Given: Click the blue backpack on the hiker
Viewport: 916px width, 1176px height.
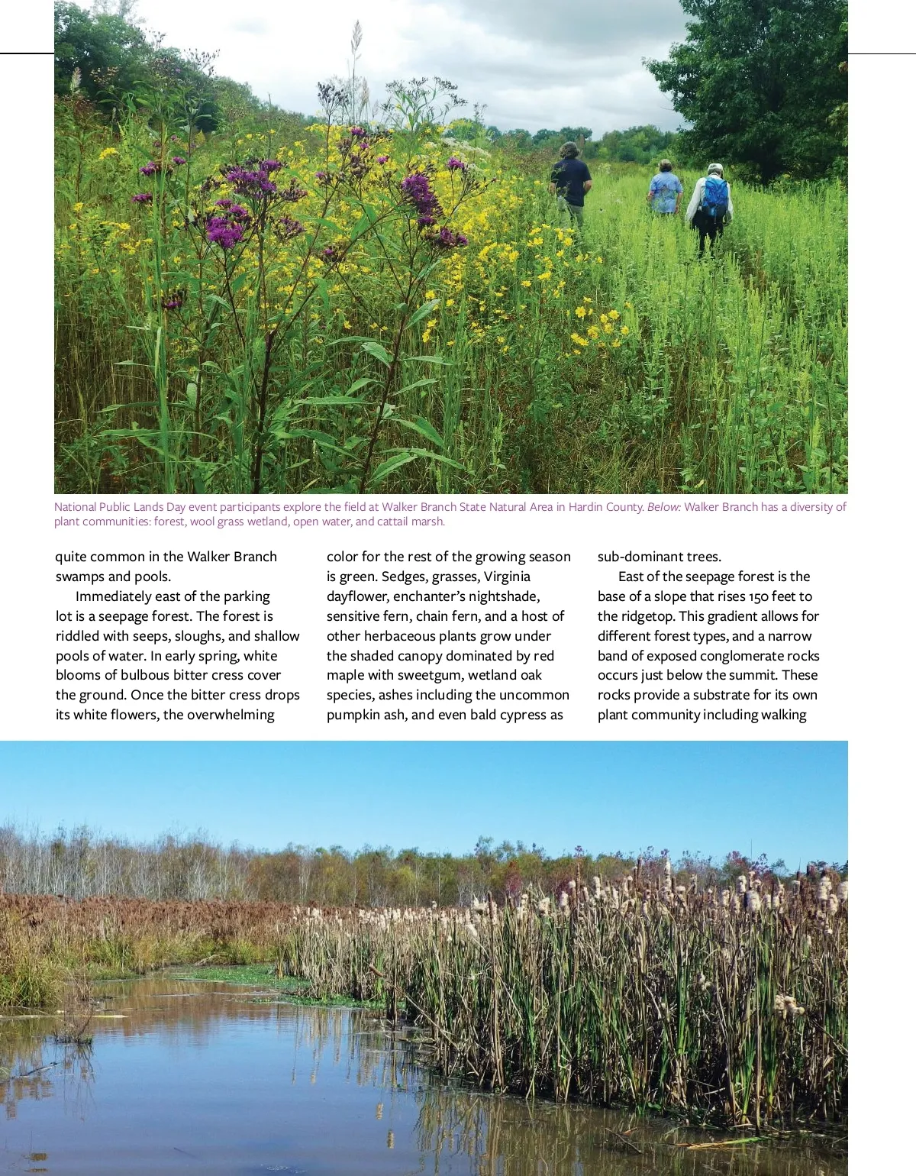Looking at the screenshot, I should [x=714, y=198].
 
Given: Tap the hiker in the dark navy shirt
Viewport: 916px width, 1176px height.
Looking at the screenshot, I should [x=571, y=182].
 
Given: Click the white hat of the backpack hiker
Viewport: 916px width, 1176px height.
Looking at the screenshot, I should [x=714, y=168].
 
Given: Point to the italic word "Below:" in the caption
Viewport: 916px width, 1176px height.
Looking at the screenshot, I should [x=663, y=507].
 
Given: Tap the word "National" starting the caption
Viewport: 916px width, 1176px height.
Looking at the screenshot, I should [x=75, y=507].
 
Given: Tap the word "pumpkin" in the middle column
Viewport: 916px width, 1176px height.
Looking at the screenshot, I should [x=351, y=716].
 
